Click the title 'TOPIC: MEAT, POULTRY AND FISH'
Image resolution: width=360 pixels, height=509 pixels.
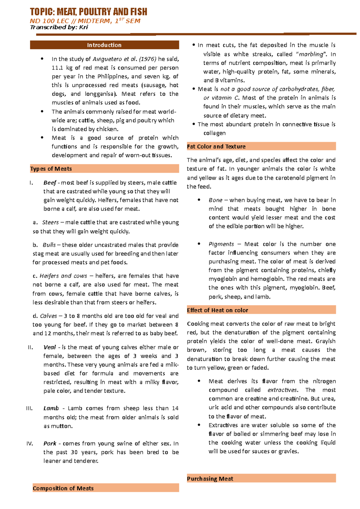pyautogui.click(x=88, y=12)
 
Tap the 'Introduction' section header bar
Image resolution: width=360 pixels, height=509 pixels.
pyautogui.click(x=104, y=45)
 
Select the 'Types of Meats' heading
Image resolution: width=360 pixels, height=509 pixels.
pyautogui.click(x=51, y=169)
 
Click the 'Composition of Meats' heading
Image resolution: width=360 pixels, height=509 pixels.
pyautogui.click(x=63, y=488)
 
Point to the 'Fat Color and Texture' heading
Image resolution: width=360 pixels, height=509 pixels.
pyautogui.click(x=216, y=147)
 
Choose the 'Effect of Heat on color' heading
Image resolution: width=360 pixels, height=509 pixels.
pyautogui.click(x=217, y=310)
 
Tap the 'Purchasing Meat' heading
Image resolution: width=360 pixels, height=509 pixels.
pyautogui.click(x=210, y=479)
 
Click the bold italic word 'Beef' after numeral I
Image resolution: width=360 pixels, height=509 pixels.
pyautogui.click(x=50, y=183)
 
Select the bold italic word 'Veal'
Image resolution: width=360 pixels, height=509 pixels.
pyautogui.click(x=49, y=347)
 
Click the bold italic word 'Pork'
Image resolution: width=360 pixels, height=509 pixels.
pyautogui.click(x=50, y=443)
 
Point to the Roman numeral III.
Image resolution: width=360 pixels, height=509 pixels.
pyautogui.click(x=29, y=408)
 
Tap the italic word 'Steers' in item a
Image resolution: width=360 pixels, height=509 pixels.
pyautogui.click(x=50, y=222)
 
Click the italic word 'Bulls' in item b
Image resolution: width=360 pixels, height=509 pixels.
pyautogui.click(x=49, y=245)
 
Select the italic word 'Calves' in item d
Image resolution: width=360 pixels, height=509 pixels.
pyautogui.click(x=48, y=316)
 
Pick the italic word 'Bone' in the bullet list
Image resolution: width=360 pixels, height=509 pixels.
pyautogui.click(x=215, y=200)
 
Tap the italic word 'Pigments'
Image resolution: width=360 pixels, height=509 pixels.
pyautogui.click(x=221, y=244)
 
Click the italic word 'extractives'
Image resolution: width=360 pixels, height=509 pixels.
pyautogui.click(x=282, y=390)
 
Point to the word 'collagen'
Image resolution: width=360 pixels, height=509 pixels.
pyautogui.click(x=214, y=133)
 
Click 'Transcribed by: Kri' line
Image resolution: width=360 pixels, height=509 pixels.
pyautogui.click(x=59, y=27)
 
